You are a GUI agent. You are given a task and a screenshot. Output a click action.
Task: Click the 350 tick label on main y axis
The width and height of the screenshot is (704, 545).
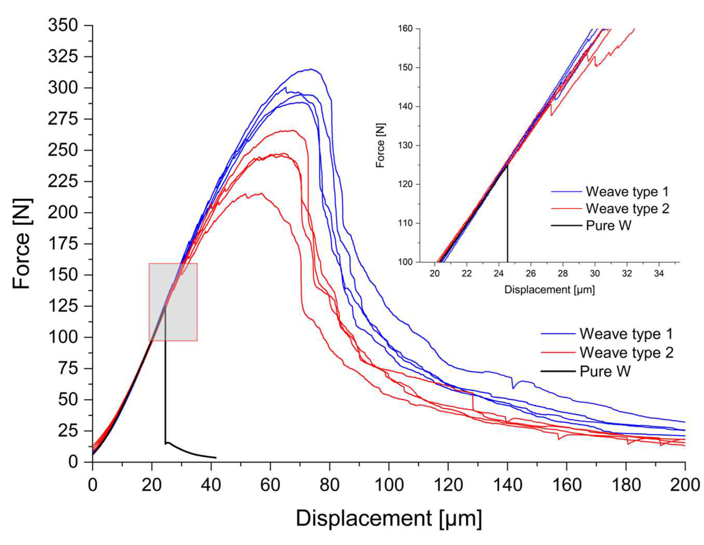63,25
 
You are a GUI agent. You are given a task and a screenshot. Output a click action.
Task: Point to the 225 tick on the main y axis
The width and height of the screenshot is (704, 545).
63,182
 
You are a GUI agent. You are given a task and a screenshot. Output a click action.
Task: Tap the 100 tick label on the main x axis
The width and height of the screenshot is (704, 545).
389,484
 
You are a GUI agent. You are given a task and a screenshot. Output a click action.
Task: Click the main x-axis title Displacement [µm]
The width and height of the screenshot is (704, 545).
389,518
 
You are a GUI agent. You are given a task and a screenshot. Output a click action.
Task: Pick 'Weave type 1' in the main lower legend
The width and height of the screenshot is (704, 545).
626,334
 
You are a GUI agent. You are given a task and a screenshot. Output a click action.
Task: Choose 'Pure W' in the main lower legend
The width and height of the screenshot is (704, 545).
605,371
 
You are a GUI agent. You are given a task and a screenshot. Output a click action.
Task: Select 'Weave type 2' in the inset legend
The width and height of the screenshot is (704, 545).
627,209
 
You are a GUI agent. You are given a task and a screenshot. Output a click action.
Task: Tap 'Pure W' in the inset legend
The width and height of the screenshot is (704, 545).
608,225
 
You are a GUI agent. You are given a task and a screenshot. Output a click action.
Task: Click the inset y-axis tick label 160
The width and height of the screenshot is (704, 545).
406,29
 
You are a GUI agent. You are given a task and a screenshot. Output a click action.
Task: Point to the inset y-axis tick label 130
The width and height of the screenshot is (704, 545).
406,145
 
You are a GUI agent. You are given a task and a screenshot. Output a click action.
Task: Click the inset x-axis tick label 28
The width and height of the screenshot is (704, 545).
563,273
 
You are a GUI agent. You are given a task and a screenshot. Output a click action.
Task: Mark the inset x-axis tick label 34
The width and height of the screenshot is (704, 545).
658,273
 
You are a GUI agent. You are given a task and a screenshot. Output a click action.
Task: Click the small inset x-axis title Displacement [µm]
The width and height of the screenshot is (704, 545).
549,290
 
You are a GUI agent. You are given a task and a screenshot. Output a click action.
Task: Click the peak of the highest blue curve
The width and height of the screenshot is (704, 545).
310,69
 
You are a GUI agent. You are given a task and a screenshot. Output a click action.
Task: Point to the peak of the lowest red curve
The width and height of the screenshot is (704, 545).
260,193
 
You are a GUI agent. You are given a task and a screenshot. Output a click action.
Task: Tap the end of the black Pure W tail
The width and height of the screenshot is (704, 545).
216,458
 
